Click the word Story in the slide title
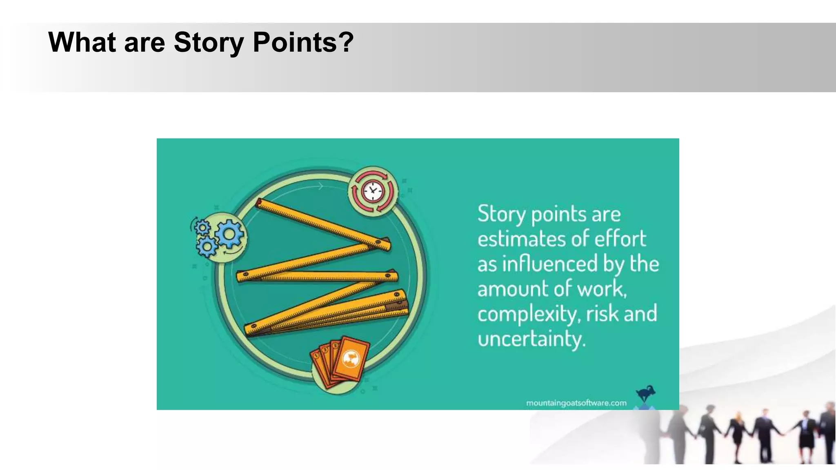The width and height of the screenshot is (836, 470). coord(209,42)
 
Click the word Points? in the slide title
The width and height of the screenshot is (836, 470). coord(303,42)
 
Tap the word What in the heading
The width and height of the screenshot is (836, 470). coord(82,42)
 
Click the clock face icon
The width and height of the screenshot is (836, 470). coord(373,191)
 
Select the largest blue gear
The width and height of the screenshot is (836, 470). coord(230,234)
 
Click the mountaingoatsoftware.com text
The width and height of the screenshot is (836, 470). coord(576,403)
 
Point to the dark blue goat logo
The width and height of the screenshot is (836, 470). coord(645,394)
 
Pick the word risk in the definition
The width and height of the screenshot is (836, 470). coord(602,314)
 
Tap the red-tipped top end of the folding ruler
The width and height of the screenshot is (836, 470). coord(259,202)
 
